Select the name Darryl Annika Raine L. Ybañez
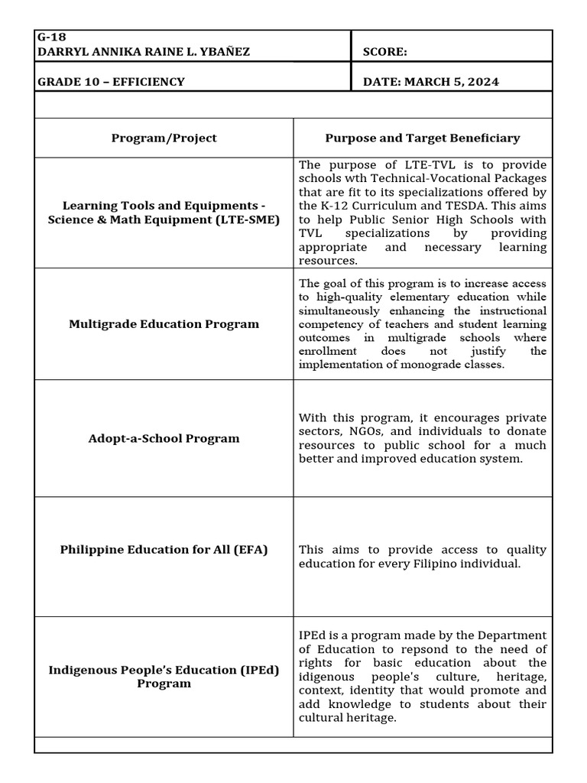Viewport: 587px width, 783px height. click(144, 52)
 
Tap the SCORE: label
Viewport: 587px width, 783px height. click(384, 52)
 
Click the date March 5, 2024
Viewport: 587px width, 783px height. click(431, 82)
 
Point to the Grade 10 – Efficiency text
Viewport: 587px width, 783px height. click(111, 82)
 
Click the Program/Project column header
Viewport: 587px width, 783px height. click(164, 138)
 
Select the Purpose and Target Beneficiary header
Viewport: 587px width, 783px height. click(422, 138)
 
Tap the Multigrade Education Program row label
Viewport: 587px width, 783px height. click(164, 324)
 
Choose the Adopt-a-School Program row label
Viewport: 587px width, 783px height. click(164, 439)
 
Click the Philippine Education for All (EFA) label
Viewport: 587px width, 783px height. click(164, 550)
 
